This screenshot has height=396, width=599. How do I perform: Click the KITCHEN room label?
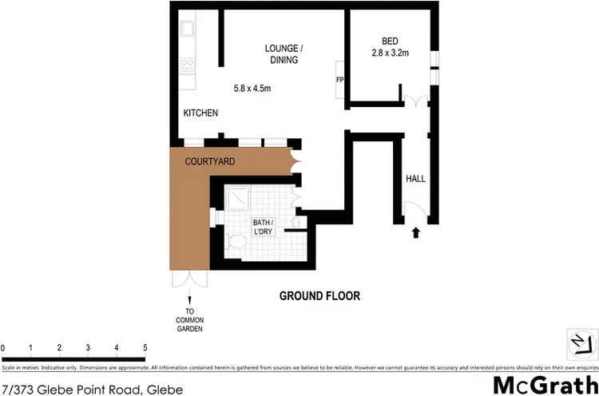pyautogui.click(x=201, y=113)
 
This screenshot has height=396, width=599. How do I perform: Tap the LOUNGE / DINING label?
pyautogui.click(x=284, y=53)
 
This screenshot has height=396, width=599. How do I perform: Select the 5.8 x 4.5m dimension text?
pyautogui.click(x=252, y=89)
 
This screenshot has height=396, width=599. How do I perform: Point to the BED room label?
pyautogui.click(x=390, y=42)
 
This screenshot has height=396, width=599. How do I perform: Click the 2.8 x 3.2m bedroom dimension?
pyautogui.click(x=390, y=53)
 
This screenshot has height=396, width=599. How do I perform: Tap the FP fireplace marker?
pyautogui.click(x=339, y=80)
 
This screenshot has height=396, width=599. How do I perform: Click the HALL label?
pyautogui.click(x=416, y=179)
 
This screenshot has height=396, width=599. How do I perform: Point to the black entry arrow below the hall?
pyautogui.click(x=415, y=233)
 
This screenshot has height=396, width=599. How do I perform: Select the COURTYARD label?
pyautogui.click(x=209, y=161)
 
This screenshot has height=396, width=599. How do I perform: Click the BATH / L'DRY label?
pyautogui.click(x=264, y=227)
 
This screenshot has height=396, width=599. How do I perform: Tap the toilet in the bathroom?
pyautogui.click(x=236, y=241)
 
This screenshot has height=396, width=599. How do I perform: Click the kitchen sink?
pyautogui.click(x=188, y=30)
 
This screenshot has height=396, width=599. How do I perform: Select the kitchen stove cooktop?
pyautogui.click(x=188, y=66)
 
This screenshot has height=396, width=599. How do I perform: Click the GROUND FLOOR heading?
pyautogui.click(x=319, y=296)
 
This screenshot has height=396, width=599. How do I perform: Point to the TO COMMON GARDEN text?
pyautogui.click(x=190, y=320)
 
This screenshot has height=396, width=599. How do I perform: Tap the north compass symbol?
pyautogui.click(x=581, y=343)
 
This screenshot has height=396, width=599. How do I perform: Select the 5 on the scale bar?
pyautogui.click(x=145, y=348)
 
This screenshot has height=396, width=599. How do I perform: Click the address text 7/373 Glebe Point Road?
pyautogui.click(x=93, y=390)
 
